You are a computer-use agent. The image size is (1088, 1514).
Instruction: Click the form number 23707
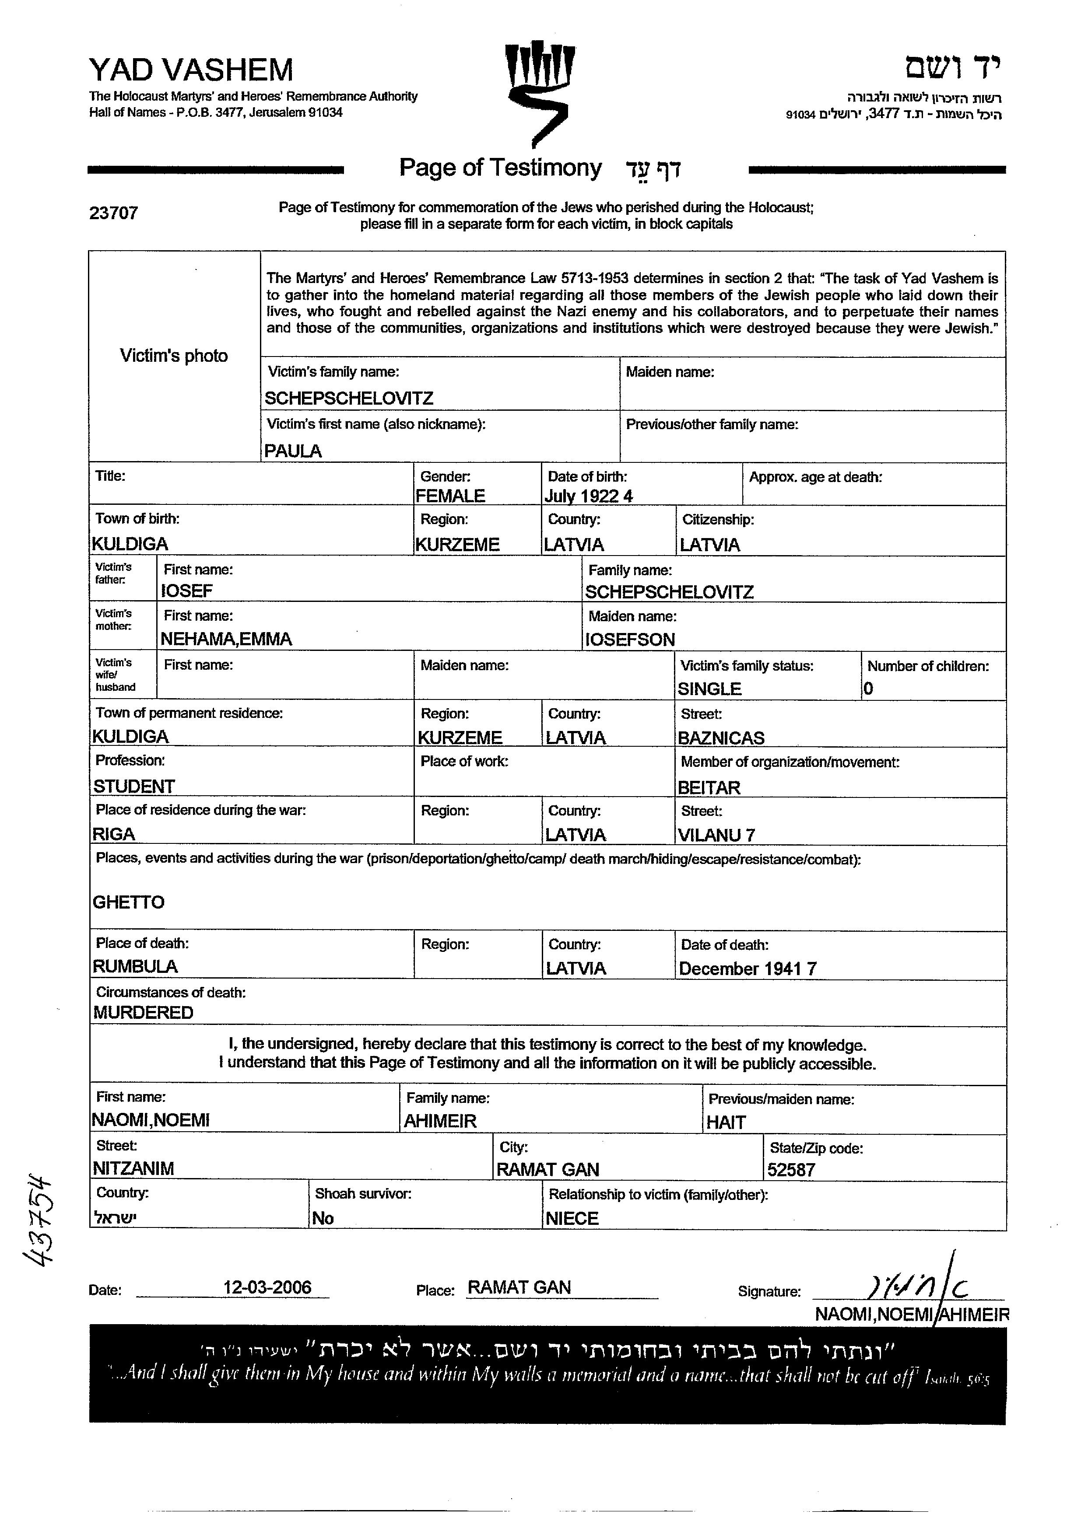(x=113, y=213)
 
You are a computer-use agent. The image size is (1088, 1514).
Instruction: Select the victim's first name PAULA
(x=292, y=451)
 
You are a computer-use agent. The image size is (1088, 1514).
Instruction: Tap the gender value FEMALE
(x=450, y=496)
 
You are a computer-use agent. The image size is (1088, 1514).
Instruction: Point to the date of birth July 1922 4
(x=588, y=496)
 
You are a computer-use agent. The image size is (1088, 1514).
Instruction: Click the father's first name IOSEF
(x=187, y=591)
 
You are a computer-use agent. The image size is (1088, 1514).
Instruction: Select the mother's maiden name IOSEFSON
(x=630, y=640)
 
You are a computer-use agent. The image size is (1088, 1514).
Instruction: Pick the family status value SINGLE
(x=709, y=689)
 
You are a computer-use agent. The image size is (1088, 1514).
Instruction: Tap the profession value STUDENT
(x=133, y=787)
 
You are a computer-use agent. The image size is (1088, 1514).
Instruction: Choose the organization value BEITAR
(x=709, y=788)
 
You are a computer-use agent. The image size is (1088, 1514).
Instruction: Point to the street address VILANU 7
(x=716, y=835)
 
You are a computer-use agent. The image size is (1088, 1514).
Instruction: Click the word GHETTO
(x=128, y=902)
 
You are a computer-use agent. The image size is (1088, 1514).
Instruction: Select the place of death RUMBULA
(x=135, y=967)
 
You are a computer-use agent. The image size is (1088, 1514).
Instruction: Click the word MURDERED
(x=143, y=1013)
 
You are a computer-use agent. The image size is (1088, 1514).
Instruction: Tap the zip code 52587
(x=791, y=1170)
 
